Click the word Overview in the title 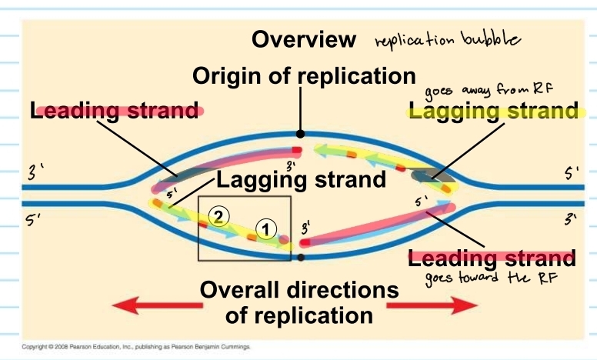[304, 39]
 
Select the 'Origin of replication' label [304, 76]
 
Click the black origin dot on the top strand [299, 134]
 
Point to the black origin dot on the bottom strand [301, 258]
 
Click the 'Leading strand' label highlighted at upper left [115, 111]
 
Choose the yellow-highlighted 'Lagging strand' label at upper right [493, 112]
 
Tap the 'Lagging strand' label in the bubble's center [300, 181]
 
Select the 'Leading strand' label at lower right [492, 258]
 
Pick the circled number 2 [218, 216]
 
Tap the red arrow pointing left [145, 305]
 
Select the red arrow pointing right [431, 305]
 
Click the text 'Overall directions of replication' [299, 303]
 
